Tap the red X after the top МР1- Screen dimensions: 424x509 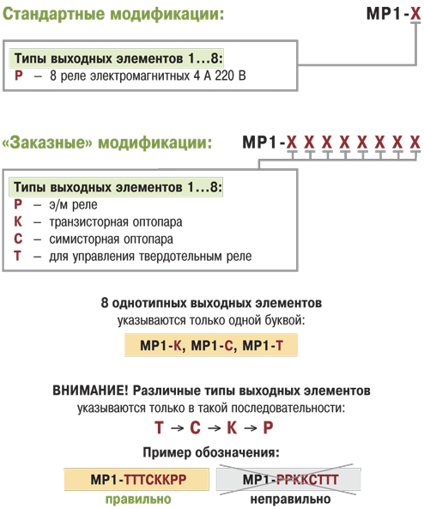click(x=415, y=14)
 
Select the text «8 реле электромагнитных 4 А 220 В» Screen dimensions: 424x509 click(x=148, y=76)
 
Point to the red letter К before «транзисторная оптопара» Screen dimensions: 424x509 click(x=18, y=221)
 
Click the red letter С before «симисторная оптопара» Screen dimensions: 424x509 click(x=18, y=239)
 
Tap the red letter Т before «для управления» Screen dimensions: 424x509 click(x=17, y=256)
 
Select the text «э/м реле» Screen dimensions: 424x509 click(x=73, y=205)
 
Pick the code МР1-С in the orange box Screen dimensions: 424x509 click(x=212, y=345)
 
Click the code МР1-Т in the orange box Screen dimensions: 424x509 click(x=263, y=345)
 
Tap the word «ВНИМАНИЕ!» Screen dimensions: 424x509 click(x=91, y=391)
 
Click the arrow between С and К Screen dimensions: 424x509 click(x=215, y=428)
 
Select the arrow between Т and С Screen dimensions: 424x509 click(x=178, y=428)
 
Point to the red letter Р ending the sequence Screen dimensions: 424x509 click(x=268, y=427)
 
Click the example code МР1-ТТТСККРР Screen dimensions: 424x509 click(x=138, y=480)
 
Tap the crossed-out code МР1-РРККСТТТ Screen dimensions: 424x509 click(x=291, y=480)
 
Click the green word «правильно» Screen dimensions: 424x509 click(x=138, y=500)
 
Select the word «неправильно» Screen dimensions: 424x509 click(x=291, y=499)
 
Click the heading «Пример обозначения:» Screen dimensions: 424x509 click(x=211, y=452)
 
